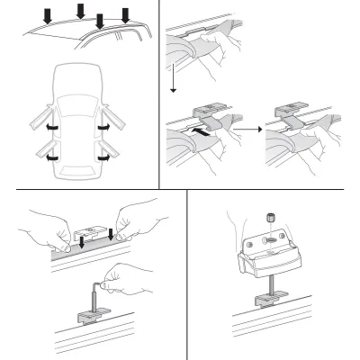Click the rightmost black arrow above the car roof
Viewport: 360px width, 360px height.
click(126, 15)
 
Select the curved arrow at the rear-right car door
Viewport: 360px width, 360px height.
click(103, 156)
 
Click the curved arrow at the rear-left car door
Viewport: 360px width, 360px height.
click(55, 156)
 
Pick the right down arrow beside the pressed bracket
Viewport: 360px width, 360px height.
click(111, 235)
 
